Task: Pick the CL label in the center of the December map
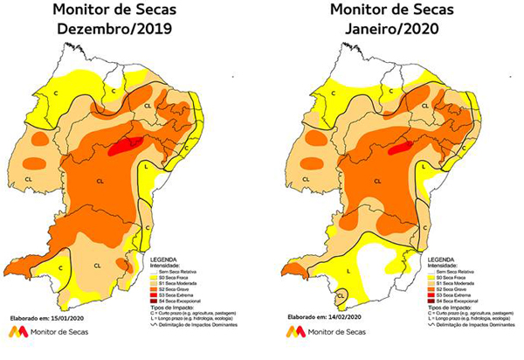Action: pyautogui.click(x=98, y=182)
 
